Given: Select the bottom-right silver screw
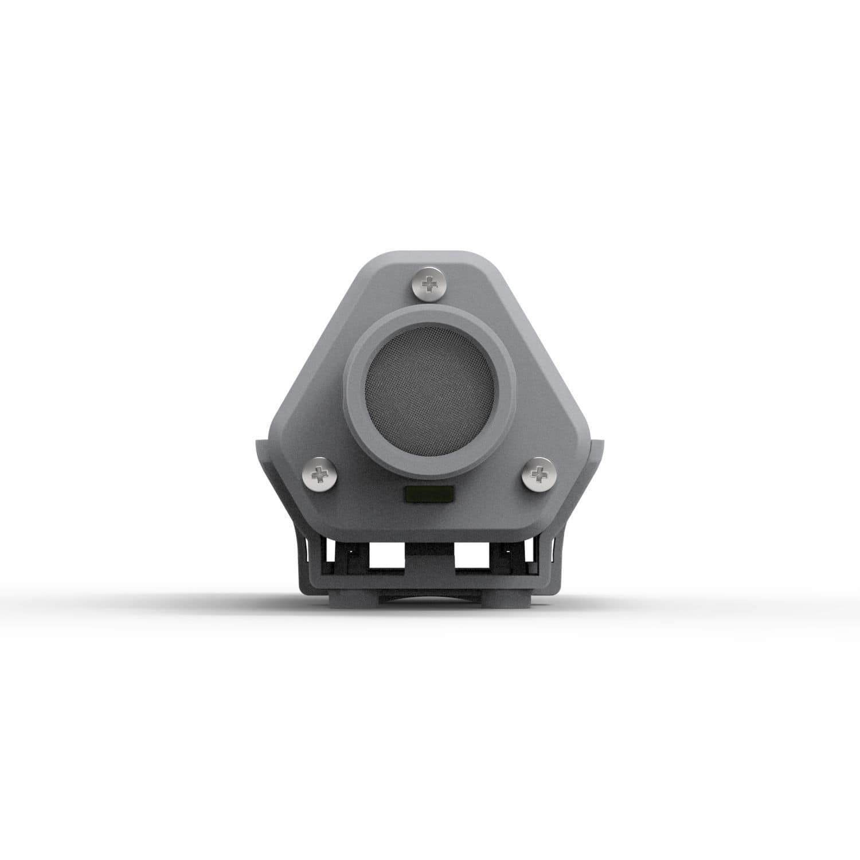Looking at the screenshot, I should point(538,474).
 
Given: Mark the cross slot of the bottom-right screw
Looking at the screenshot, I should point(538,474).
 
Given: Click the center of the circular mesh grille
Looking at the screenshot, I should point(428,389).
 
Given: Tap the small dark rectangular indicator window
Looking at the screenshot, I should point(429,494).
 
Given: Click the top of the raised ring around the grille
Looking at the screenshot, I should point(428,313).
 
